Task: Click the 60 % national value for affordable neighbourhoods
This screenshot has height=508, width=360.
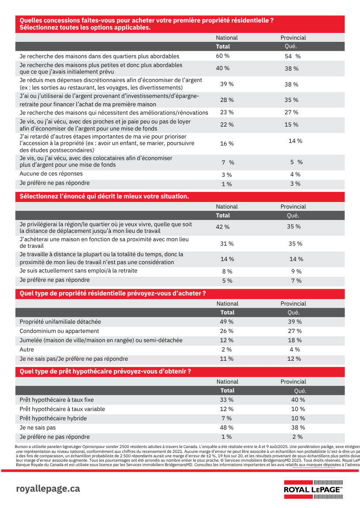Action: (x=223, y=56)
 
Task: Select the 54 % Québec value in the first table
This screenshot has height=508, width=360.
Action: (x=292, y=56)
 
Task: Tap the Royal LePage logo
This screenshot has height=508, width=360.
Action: (x=313, y=489)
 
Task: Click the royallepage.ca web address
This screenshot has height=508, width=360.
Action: (x=48, y=489)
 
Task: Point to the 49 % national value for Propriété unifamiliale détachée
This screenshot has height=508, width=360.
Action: (x=227, y=322)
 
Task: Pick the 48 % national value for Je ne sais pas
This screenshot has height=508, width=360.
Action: (x=227, y=428)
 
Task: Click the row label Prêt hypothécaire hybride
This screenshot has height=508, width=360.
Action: (x=53, y=418)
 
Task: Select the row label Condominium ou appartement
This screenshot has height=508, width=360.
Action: (x=60, y=331)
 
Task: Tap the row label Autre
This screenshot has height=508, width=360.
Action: (x=27, y=350)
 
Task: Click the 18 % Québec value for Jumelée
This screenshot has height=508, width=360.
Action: (x=294, y=340)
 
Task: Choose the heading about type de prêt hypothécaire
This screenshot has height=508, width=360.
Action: (x=105, y=372)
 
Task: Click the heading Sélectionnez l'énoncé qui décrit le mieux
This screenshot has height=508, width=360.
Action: (x=105, y=197)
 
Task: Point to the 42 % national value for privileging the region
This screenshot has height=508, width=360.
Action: (x=223, y=227)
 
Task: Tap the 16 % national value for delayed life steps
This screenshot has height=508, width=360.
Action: (x=227, y=144)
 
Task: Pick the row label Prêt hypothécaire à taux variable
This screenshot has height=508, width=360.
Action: (x=63, y=409)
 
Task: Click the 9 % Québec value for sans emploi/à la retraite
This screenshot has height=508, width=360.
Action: (x=296, y=272)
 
